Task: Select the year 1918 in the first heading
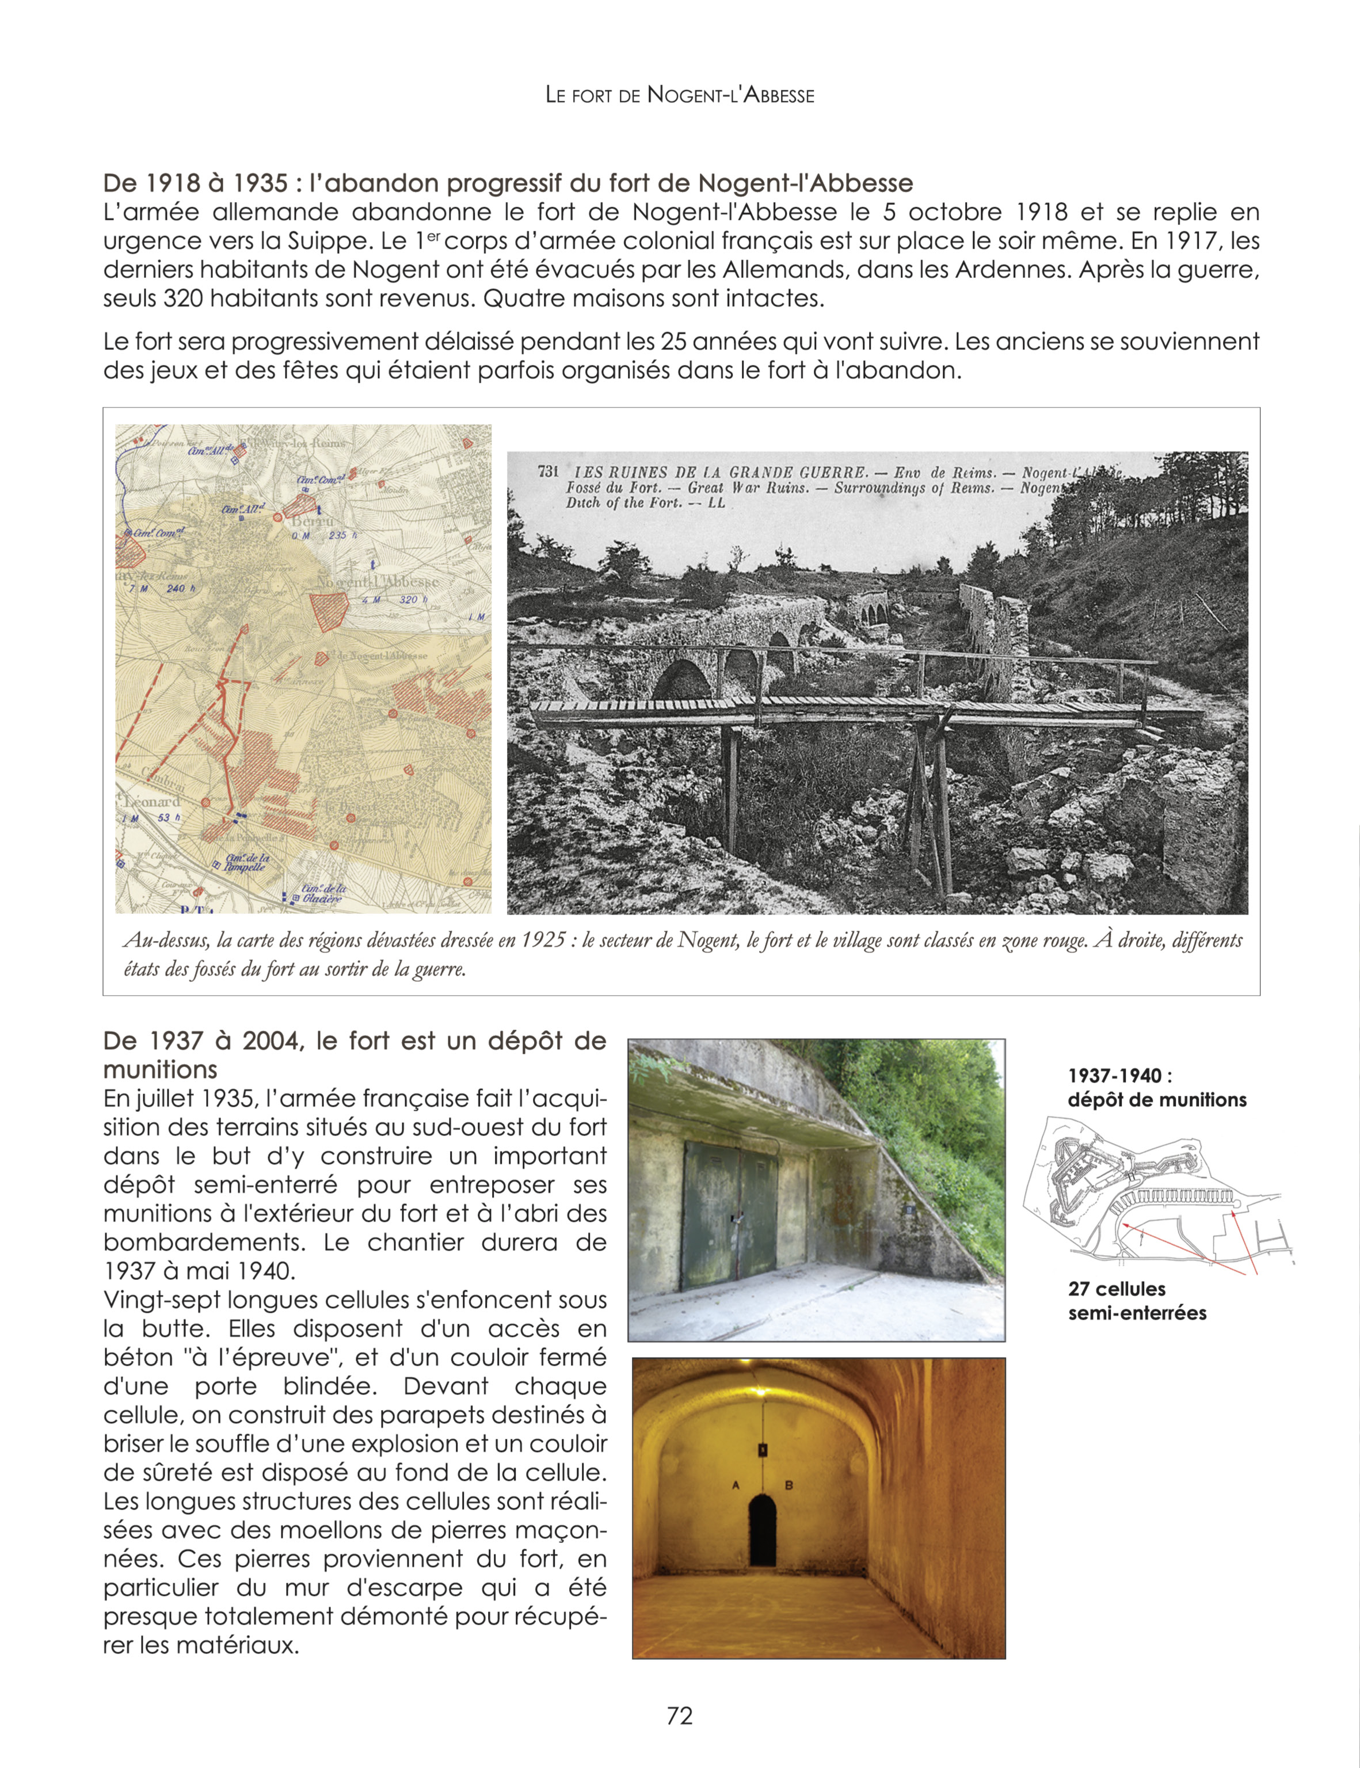(x=173, y=184)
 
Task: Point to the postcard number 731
(x=548, y=471)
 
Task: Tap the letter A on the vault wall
(x=736, y=1485)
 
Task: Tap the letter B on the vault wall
(x=788, y=1485)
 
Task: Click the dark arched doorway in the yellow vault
(x=762, y=1529)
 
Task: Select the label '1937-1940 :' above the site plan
(x=1119, y=1076)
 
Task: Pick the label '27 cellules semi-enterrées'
(x=1137, y=1301)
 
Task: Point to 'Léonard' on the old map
(x=151, y=801)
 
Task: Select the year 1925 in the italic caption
(x=542, y=940)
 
